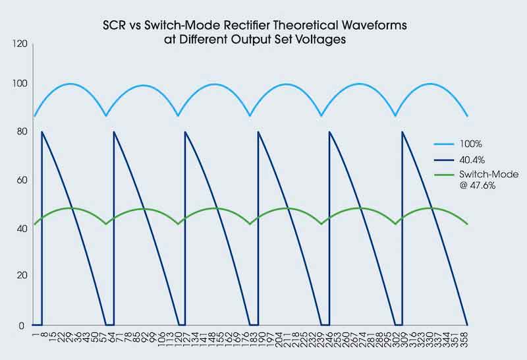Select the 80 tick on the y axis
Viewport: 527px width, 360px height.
[20, 132]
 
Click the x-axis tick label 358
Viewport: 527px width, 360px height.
[467, 343]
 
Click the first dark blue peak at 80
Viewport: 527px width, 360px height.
[42, 132]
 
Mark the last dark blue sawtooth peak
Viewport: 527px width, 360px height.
[402, 132]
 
